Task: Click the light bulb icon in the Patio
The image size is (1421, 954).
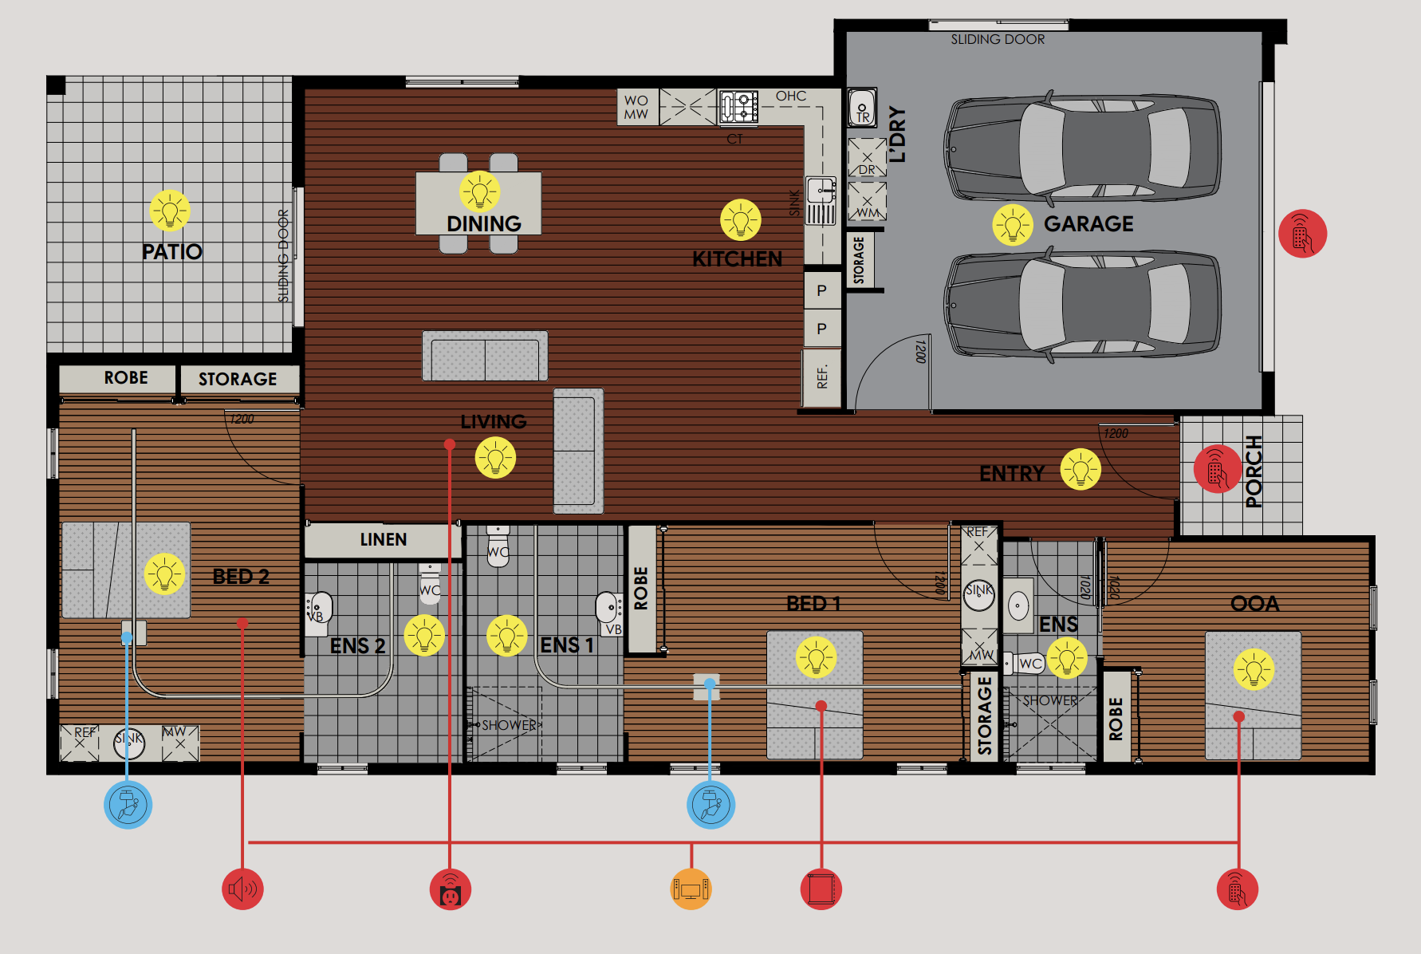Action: [170, 211]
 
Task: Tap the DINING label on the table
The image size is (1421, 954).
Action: [483, 223]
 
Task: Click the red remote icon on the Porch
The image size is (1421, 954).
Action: [1217, 469]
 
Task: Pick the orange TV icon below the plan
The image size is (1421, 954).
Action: [691, 889]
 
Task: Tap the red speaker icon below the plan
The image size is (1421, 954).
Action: [242, 889]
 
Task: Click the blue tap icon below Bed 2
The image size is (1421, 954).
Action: [128, 805]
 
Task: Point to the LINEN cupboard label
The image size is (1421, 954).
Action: [383, 540]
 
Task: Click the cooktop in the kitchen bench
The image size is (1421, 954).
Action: [738, 107]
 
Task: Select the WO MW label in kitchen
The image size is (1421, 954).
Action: [636, 108]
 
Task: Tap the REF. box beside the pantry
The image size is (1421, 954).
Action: [822, 377]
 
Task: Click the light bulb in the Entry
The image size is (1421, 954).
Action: [1081, 469]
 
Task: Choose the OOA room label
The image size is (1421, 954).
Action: [1254, 604]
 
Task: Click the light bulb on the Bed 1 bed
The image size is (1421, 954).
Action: [816, 657]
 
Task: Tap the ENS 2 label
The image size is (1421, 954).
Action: [357, 645]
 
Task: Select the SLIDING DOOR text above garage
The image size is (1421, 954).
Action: [997, 39]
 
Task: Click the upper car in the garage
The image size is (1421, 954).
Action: [1082, 149]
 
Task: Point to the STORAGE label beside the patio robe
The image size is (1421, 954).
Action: [238, 379]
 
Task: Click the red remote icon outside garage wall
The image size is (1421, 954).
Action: [1302, 234]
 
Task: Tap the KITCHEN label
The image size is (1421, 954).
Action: [737, 258]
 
